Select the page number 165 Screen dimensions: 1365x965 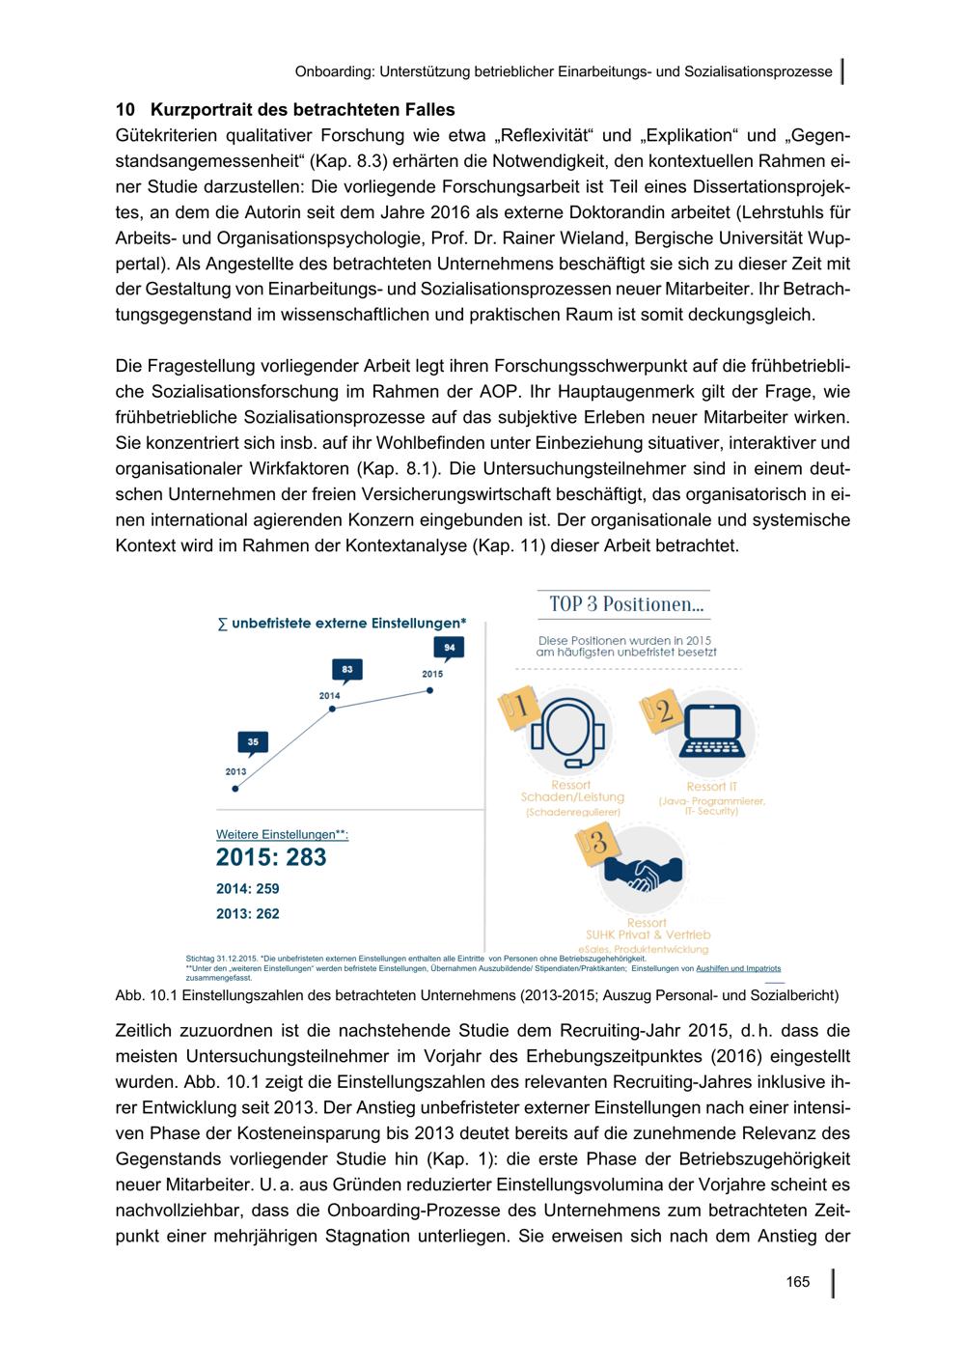(797, 1282)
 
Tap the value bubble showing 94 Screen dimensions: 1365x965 (449, 647)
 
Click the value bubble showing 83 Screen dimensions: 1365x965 (346, 669)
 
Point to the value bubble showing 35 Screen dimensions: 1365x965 (253, 741)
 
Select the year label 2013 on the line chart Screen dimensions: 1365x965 (235, 771)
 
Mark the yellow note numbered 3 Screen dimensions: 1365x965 (593, 842)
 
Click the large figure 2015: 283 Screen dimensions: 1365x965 (271, 857)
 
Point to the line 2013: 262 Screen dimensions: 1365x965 (248, 913)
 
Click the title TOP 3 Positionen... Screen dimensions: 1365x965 (626, 604)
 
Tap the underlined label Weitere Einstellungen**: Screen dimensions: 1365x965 (282, 833)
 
